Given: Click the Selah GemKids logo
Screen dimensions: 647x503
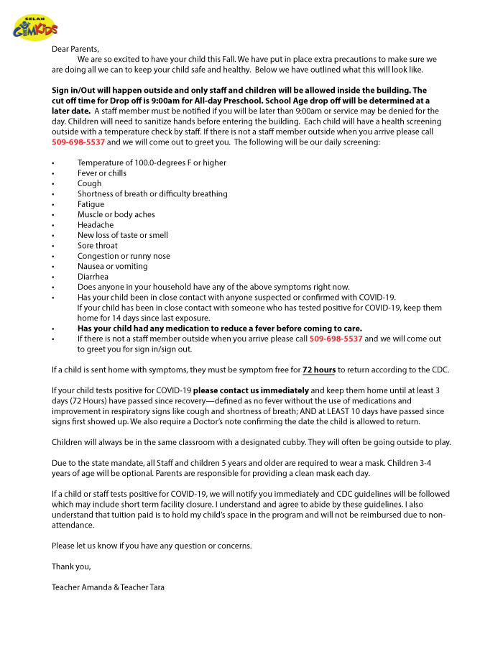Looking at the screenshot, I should point(35,28).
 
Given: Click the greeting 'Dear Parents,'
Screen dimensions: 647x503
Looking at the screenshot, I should point(75,49).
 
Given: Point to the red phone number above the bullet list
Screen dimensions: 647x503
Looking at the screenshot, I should point(78,142).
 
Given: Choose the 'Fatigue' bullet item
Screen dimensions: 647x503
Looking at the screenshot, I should point(91,204).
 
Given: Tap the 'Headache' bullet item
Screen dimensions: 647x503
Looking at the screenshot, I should point(95,225).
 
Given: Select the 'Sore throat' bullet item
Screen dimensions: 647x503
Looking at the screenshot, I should point(97,246).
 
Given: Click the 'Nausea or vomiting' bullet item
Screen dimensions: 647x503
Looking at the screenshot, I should point(112,266).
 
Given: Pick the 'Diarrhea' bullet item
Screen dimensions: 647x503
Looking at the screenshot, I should point(94,277).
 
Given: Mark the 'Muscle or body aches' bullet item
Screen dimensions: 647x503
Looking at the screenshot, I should point(116,215).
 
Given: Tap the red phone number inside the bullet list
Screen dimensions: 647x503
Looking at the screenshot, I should point(336,339).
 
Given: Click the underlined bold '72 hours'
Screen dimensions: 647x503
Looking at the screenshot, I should point(318,370).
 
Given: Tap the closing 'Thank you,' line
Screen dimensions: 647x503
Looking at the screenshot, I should point(71,566).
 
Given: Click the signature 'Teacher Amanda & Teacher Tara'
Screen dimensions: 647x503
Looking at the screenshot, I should point(107,587).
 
